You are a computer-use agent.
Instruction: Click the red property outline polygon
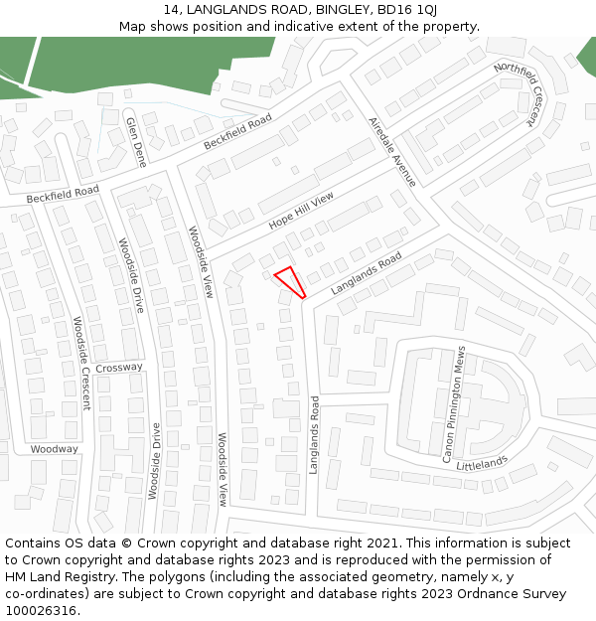pos(288,280)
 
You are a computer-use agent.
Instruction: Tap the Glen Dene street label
pos(135,142)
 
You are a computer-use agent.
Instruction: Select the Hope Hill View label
pos(302,211)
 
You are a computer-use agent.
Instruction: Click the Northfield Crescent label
pos(520,94)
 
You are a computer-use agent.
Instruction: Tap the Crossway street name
pos(119,368)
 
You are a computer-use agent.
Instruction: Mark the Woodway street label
pos(54,449)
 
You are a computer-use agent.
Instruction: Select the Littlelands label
pos(481,463)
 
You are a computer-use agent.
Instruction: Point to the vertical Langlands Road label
pos(313,435)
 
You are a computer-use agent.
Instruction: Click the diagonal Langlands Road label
pos(366,273)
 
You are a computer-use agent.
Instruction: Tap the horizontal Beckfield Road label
pos(63,196)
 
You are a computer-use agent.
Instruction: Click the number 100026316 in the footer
pos(41,611)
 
